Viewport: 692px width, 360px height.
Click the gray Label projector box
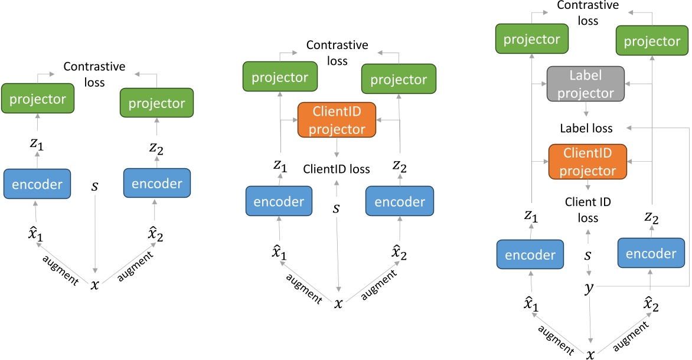(586, 84)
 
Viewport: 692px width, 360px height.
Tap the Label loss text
(586, 129)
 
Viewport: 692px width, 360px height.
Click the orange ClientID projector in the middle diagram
(337, 120)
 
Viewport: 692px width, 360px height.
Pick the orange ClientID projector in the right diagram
(587, 162)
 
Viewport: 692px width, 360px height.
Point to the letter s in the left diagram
(94, 186)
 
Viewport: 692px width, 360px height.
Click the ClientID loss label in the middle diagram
(337, 169)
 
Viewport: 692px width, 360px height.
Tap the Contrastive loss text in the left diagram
(94, 74)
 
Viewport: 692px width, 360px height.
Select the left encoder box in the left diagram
(37, 184)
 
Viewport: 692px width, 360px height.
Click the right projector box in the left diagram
(156, 103)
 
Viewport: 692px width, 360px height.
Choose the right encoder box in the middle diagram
(399, 201)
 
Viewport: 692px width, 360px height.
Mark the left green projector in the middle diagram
(280, 77)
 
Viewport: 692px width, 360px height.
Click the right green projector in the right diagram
(652, 41)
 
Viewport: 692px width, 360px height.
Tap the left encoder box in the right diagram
(530, 254)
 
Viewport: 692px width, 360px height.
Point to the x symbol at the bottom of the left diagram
(95, 285)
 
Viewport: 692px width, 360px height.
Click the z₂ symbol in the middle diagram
(399, 165)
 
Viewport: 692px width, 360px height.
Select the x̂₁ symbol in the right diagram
(530, 305)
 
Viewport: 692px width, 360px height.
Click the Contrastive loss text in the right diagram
(588, 13)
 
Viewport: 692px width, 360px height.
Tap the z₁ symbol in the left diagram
(37, 143)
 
